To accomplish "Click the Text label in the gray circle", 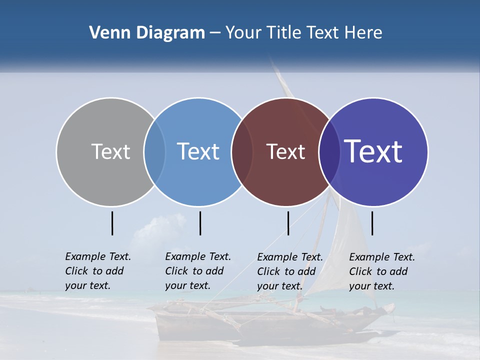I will (x=110, y=151).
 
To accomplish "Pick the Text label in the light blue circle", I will (x=198, y=151).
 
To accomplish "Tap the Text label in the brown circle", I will (x=285, y=151).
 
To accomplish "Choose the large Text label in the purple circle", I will (x=373, y=151).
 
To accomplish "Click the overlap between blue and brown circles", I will (x=242, y=151).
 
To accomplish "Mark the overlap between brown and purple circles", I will (x=329, y=151).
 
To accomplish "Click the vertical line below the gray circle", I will (x=112, y=223).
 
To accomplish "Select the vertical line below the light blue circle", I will (x=200, y=223).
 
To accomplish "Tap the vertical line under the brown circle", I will (x=288, y=223).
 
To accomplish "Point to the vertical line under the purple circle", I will (x=372, y=223).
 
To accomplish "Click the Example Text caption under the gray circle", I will (x=97, y=271).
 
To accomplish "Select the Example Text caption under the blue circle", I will (x=197, y=271).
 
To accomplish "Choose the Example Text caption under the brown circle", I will (x=289, y=271).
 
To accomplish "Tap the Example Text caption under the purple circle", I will (x=381, y=271).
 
